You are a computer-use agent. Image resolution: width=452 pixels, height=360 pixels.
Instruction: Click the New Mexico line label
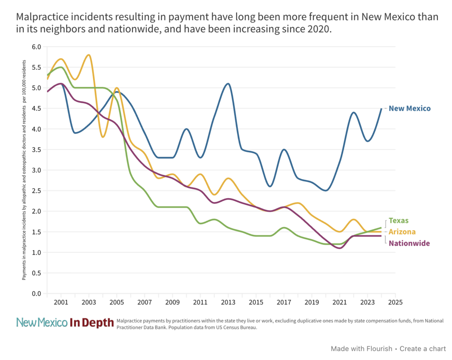point(409,109)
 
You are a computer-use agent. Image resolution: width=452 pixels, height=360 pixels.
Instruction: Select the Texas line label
point(399,221)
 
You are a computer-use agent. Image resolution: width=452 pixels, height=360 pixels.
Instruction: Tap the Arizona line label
point(402,232)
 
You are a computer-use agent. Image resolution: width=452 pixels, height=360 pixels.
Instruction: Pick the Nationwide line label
point(409,244)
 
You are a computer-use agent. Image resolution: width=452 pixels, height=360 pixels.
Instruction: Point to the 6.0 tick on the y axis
point(37,47)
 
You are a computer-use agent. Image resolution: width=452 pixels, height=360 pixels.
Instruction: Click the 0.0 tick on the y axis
point(37,294)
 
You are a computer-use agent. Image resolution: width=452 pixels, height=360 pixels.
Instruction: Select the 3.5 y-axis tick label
point(37,150)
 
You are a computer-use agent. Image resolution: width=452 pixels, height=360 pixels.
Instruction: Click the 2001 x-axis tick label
point(61,303)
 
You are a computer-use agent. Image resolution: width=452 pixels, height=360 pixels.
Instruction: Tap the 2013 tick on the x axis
point(228,303)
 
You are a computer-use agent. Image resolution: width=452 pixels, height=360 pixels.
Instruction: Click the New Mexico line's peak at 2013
point(228,83)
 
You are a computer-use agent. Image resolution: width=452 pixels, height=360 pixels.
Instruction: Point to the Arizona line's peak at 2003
point(89,55)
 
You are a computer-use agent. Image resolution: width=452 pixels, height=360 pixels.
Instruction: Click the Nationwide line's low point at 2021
point(339,248)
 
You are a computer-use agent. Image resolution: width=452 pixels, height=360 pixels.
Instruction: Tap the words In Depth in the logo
point(92,323)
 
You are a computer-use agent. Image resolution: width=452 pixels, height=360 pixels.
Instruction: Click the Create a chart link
point(423,349)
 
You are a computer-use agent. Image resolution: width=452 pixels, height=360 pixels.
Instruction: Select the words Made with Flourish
point(362,349)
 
